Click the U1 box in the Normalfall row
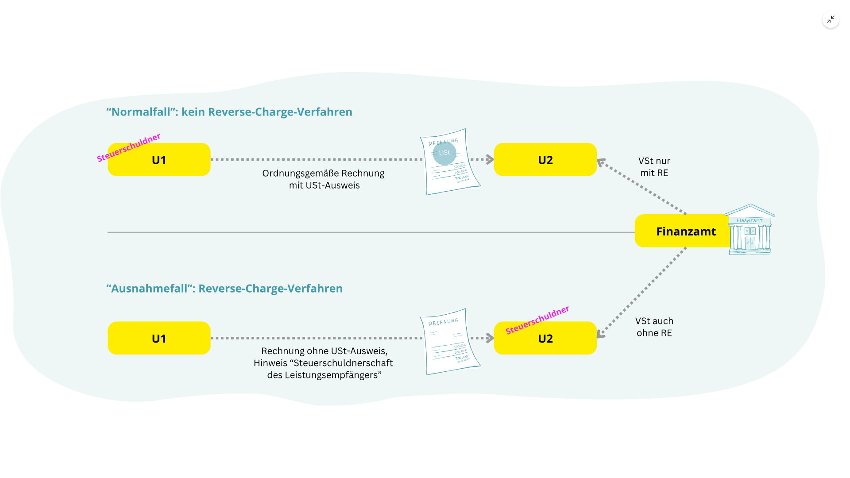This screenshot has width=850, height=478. (x=159, y=160)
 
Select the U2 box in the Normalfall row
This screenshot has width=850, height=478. (x=545, y=160)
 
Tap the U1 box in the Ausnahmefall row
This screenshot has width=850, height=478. (x=159, y=338)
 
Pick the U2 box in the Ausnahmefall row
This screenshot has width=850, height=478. (x=545, y=339)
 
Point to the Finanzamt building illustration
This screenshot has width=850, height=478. (x=750, y=230)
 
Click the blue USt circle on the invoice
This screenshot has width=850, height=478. (x=444, y=153)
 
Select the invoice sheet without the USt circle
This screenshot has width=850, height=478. (x=449, y=342)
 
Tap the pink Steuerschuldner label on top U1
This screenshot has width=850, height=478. (x=128, y=147)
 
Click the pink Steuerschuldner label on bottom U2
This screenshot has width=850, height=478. (x=537, y=320)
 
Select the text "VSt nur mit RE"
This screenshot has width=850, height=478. (x=654, y=167)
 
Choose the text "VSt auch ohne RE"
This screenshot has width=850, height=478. (x=654, y=327)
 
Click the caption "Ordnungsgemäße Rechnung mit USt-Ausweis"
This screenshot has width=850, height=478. (x=324, y=179)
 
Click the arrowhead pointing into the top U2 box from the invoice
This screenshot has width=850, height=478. (x=490, y=159)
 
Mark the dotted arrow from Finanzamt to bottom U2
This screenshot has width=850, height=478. (x=642, y=292)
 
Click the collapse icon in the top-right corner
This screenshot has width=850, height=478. (x=831, y=19)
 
